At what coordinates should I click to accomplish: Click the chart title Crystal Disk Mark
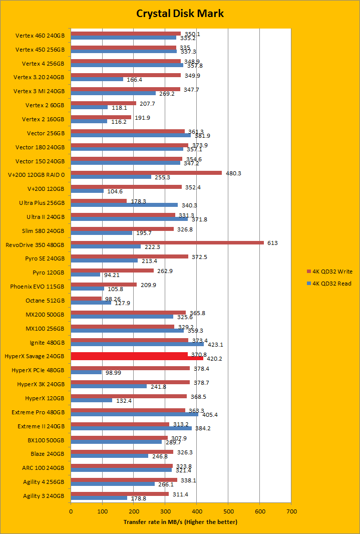click(180, 13)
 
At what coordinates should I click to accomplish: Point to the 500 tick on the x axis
click(228, 511)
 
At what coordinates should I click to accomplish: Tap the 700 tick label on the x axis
click(291, 511)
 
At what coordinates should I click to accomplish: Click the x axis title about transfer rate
click(180, 522)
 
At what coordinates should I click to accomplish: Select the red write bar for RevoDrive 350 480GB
click(167, 243)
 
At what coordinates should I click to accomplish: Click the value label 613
click(272, 243)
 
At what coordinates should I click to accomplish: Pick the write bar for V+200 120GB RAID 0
click(146, 173)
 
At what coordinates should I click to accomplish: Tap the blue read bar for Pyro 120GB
click(86, 275)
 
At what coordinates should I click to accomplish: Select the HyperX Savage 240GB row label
click(41, 356)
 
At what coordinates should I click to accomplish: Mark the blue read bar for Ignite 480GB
click(137, 344)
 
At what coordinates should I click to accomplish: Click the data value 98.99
click(112, 373)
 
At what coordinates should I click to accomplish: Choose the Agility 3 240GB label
click(44, 496)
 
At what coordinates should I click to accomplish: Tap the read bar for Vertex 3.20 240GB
click(97, 79)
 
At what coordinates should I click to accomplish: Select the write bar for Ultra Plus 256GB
click(99, 201)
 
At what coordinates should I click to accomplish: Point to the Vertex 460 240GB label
click(40, 36)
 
